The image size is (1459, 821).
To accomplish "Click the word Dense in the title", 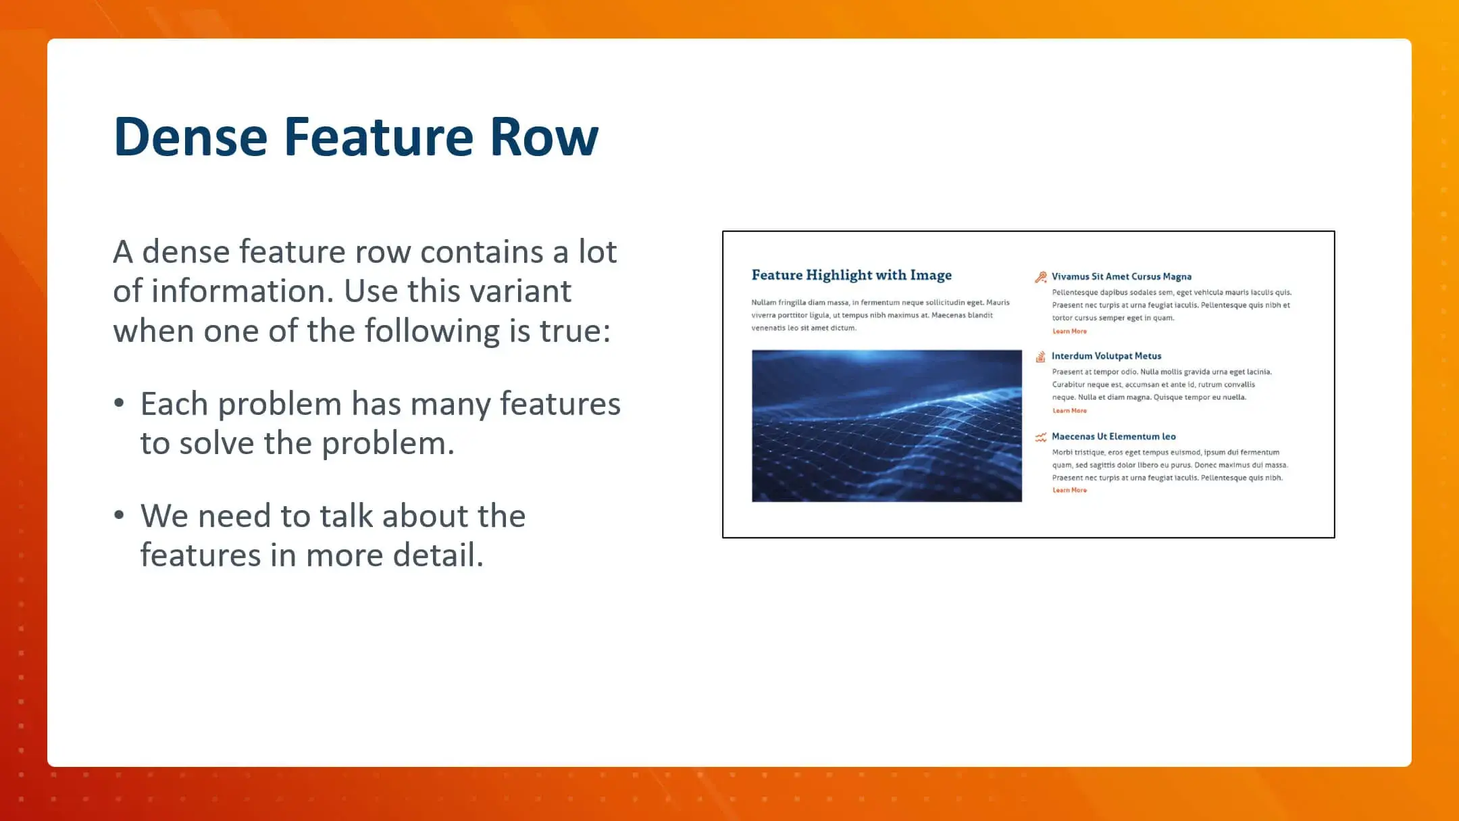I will (190, 137).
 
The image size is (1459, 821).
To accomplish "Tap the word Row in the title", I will (544, 137).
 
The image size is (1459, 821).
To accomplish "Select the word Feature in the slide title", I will (379, 137).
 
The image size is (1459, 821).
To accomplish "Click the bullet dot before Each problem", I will (120, 403).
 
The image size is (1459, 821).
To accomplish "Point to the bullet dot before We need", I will (120, 516).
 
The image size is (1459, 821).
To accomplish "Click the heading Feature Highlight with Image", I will (851, 275).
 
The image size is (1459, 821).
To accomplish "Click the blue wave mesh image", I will (886, 426).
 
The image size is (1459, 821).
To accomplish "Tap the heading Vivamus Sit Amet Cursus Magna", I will (1121, 276).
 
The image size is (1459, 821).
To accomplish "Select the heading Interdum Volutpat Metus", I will (1106, 356).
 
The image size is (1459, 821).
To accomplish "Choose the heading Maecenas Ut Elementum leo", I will (1113, 437).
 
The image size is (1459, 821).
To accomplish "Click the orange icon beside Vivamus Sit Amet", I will (1040, 277).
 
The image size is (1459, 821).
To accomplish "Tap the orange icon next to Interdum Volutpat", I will (1040, 357).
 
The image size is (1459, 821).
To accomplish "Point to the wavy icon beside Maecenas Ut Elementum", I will (1040, 437).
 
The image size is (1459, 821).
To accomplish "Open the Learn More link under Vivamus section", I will (1069, 331).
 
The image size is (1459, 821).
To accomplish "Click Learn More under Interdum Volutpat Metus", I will (1069, 411).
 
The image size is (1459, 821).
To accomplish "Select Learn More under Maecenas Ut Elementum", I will (1069, 491).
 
